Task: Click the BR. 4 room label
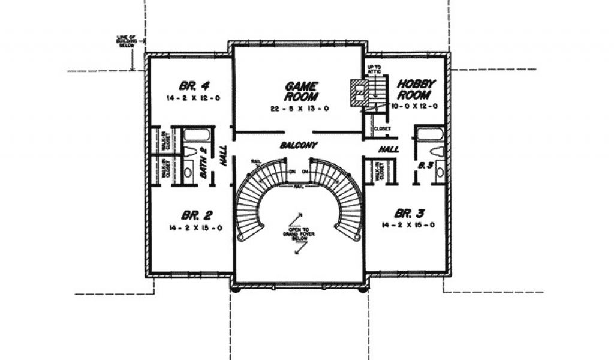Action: [189, 85]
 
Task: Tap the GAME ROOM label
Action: [302, 91]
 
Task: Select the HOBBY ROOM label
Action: [416, 89]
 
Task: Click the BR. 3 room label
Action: [410, 213]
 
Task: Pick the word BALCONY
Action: [298, 145]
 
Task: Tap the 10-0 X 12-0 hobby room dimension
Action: [414, 106]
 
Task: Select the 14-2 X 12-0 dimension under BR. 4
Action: [189, 97]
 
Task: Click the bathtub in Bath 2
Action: [195, 134]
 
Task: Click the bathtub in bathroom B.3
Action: [429, 133]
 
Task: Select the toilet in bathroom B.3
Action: [436, 151]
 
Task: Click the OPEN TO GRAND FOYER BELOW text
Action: [298, 233]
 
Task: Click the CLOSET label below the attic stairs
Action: [382, 128]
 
